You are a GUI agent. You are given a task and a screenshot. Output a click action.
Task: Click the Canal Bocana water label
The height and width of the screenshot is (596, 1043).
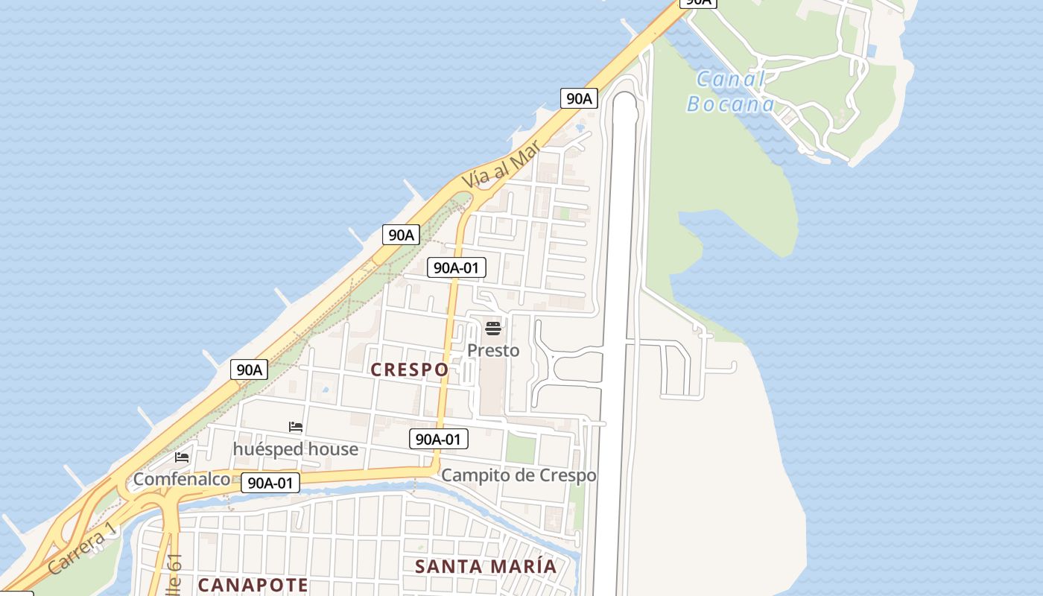click(731, 91)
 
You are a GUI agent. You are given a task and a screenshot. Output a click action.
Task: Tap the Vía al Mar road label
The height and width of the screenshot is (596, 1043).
click(499, 163)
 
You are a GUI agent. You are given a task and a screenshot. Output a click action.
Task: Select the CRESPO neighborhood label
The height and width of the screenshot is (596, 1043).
click(410, 370)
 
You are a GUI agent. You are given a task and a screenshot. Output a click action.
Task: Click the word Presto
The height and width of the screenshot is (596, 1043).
click(493, 350)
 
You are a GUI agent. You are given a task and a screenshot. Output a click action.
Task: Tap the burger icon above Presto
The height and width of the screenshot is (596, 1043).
click(492, 328)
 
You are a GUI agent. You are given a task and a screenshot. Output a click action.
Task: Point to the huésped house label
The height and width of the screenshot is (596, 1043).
click(296, 449)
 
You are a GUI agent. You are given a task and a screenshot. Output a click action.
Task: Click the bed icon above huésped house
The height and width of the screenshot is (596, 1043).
click(296, 427)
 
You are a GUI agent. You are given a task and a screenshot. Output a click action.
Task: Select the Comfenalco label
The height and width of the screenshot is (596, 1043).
click(182, 479)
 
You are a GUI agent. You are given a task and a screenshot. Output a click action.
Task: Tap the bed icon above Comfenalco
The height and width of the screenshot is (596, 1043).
click(182, 457)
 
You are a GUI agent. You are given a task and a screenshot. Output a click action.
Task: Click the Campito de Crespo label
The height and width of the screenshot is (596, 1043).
click(519, 475)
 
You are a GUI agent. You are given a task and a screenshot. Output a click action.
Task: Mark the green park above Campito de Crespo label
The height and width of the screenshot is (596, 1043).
click(520, 448)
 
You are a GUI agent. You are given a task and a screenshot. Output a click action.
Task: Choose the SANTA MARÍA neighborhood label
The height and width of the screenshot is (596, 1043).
click(486, 566)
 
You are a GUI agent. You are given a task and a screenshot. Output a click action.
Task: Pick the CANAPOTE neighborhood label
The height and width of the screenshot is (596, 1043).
click(253, 585)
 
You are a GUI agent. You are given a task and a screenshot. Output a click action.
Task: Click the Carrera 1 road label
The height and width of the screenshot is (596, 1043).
click(83, 548)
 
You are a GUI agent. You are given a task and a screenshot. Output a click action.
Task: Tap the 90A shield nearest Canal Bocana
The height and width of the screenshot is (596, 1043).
click(579, 98)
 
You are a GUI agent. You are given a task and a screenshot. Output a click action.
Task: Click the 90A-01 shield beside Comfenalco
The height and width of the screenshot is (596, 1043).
click(270, 483)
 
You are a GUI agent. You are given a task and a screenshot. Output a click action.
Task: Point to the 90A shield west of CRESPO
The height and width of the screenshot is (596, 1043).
click(249, 369)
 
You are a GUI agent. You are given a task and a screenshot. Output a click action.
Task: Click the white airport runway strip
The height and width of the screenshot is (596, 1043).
click(618, 335)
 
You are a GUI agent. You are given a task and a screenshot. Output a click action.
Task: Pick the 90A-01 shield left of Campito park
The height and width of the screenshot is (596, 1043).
click(439, 439)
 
